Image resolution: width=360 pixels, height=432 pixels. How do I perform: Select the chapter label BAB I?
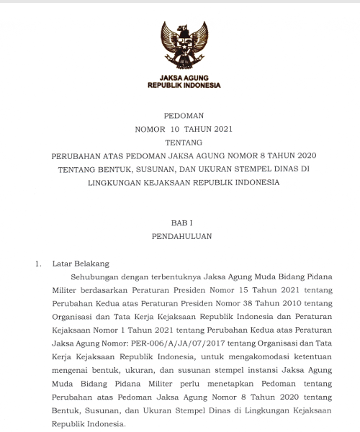(x=179, y=222)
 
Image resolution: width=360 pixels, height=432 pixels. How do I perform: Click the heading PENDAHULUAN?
(x=179, y=235)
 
